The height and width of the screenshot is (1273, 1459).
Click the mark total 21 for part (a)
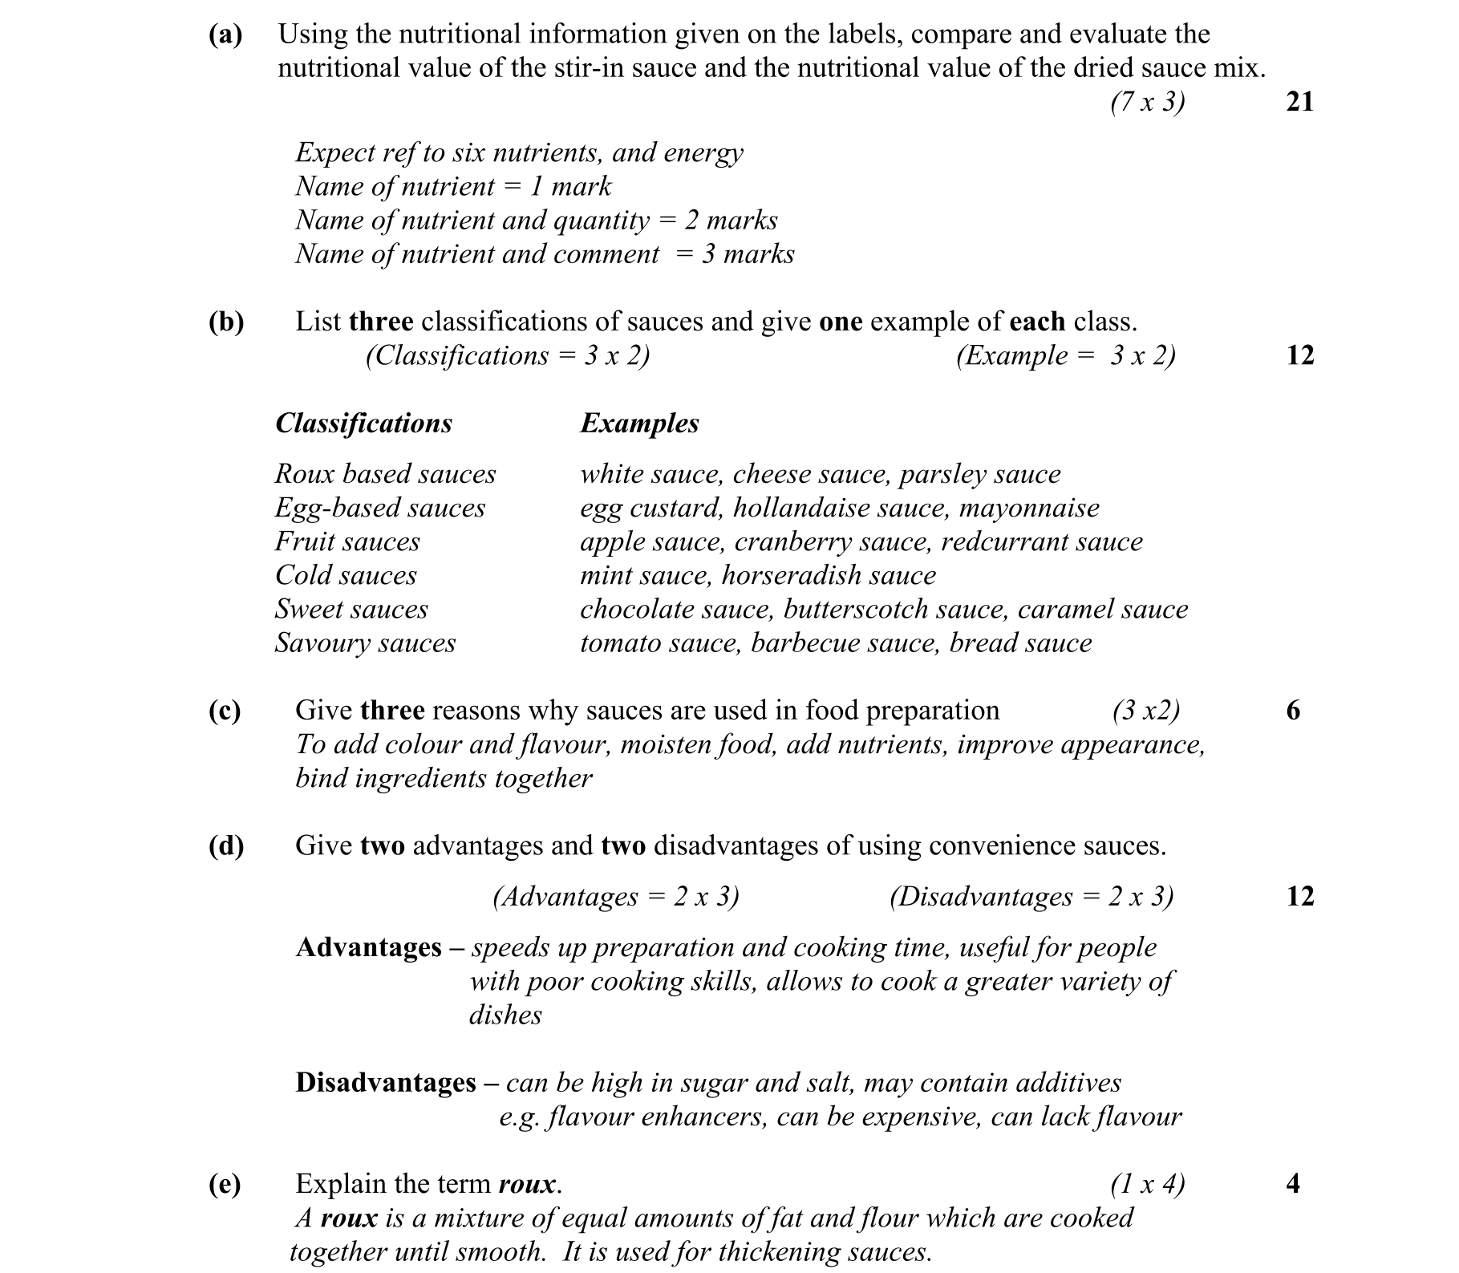(x=1299, y=102)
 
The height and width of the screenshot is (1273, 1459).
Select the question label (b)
(x=226, y=322)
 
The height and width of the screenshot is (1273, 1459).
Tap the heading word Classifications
(x=363, y=424)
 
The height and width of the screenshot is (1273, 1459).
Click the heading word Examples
(x=639, y=424)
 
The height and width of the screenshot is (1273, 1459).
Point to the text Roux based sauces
(x=385, y=474)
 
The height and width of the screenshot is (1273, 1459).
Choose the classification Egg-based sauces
(x=380, y=508)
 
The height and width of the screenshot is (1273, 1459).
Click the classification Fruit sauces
(x=347, y=541)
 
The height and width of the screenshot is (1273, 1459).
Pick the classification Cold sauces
(x=346, y=575)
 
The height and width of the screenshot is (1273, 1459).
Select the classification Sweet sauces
(x=351, y=609)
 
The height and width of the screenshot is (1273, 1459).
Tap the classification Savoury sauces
(x=365, y=643)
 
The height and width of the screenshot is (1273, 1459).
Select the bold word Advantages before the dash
(x=368, y=947)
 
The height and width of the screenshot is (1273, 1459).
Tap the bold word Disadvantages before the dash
(x=386, y=1083)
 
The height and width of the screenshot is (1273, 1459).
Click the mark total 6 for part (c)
(x=1293, y=711)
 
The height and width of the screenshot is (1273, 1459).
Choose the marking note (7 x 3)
(x=1147, y=102)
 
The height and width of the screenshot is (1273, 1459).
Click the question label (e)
(x=225, y=1184)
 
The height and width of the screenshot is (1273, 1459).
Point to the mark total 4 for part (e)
(x=1293, y=1184)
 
